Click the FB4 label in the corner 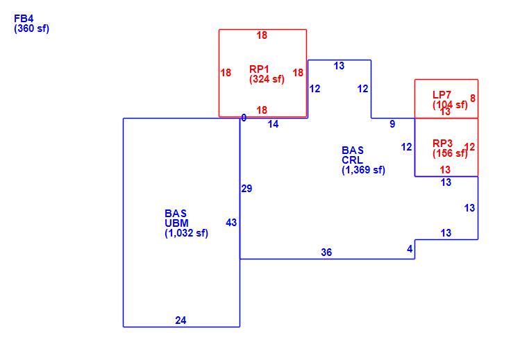[x=24, y=19]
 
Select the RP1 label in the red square [x=259, y=69]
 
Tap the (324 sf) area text [x=267, y=79]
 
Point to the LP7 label [x=442, y=95]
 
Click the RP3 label [x=442, y=143]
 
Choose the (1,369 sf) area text [x=363, y=170]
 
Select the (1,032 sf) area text [x=186, y=233]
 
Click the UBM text [x=176, y=223]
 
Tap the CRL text [x=352, y=160]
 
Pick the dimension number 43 [x=231, y=223]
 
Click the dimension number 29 [x=246, y=189]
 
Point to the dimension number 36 [x=326, y=252]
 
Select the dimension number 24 [x=181, y=320]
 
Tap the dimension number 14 [x=273, y=124]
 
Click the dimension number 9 [x=393, y=124]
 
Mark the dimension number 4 [x=410, y=249]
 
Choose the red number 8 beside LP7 [x=473, y=98]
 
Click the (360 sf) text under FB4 [x=32, y=28]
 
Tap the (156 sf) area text [x=450, y=153]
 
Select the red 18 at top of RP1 [x=262, y=35]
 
